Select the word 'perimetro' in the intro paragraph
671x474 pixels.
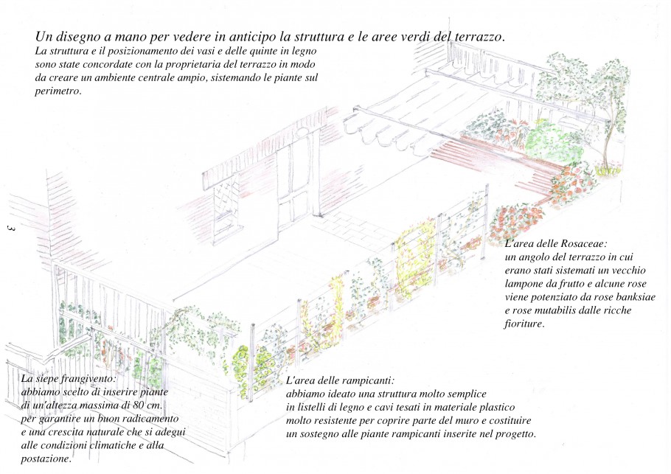coord(57,91)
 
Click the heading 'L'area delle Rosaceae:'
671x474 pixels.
coord(556,244)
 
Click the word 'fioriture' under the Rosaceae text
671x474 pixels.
coord(523,324)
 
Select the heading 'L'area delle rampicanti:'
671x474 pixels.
coord(340,380)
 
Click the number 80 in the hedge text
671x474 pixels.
coord(140,405)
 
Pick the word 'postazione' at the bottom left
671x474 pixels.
coord(45,459)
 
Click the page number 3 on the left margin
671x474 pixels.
coord(11,228)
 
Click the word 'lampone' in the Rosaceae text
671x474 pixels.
coord(523,284)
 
